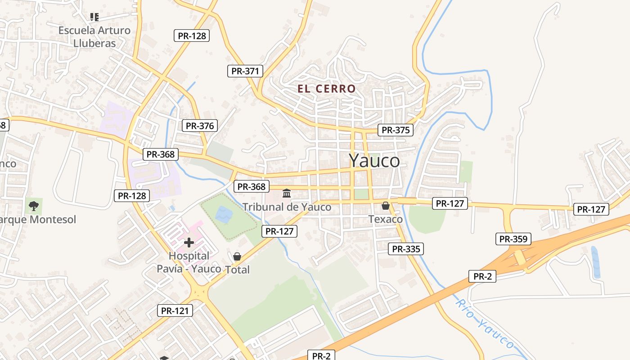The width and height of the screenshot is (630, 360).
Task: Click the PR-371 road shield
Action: pyautogui.click(x=245, y=71)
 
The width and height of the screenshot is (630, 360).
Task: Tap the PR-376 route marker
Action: pyautogui.click(x=200, y=126)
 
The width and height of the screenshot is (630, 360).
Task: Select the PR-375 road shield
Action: pyautogui.click(x=396, y=130)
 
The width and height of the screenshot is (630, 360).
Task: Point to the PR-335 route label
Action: pyautogui.click(x=406, y=249)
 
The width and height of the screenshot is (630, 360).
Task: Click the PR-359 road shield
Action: pyautogui.click(x=513, y=239)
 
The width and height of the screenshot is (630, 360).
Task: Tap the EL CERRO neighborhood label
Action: pyautogui.click(x=326, y=89)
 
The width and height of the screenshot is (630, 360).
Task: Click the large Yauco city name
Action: pyautogui.click(x=374, y=161)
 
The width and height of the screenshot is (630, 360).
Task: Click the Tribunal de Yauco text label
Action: pyautogui.click(x=287, y=207)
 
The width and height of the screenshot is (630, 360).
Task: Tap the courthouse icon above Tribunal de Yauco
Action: pyautogui.click(x=287, y=193)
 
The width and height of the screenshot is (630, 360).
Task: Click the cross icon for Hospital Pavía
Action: pyautogui.click(x=189, y=243)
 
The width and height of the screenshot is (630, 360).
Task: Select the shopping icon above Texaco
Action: pyautogui.click(x=386, y=206)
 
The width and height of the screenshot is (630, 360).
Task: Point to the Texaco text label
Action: pyautogui.click(x=386, y=219)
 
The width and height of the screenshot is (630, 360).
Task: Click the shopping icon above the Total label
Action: pyautogui.click(x=237, y=256)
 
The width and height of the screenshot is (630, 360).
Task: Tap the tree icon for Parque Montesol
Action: pyautogui.click(x=34, y=206)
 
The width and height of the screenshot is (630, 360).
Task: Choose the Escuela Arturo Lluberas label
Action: pyautogui.click(x=94, y=37)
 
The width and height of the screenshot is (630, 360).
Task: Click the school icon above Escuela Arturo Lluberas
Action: pyautogui.click(x=94, y=17)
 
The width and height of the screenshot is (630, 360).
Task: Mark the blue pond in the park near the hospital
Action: pyautogui.click(x=224, y=214)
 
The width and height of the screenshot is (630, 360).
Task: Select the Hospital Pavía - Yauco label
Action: pyautogui.click(x=189, y=262)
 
